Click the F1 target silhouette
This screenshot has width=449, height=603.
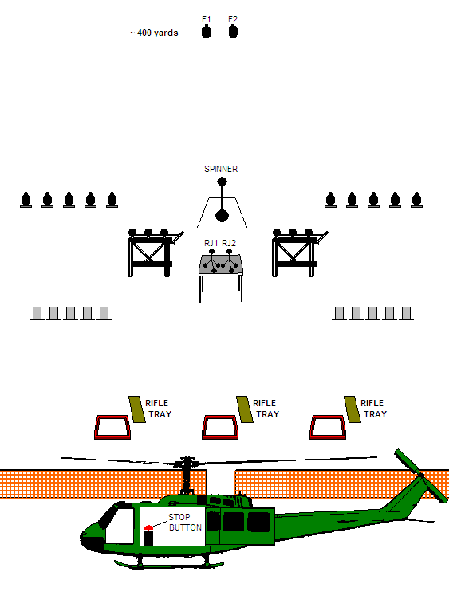point(206,31)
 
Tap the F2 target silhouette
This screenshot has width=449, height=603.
point(233,31)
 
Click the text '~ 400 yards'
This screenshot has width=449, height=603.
point(154,33)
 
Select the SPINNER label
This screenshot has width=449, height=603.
point(221,169)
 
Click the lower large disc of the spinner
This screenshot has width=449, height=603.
point(222,216)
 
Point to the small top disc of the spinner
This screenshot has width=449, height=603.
point(222,182)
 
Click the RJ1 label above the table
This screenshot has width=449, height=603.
point(211,243)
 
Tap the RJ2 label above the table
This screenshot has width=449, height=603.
point(229,243)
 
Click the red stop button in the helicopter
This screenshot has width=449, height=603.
point(148,528)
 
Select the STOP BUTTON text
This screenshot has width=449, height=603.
point(185,523)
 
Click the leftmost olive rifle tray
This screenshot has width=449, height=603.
point(137,409)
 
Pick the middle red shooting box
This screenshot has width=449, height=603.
point(220,427)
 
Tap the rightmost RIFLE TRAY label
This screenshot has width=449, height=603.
point(373,409)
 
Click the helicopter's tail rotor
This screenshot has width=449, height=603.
point(421,476)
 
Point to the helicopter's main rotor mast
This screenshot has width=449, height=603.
point(187,475)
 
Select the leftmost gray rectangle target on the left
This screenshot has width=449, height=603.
point(37,313)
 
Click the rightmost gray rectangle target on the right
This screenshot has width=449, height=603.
point(406,313)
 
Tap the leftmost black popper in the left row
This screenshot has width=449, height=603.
point(26,200)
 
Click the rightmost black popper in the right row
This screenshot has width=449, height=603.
point(416,200)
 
